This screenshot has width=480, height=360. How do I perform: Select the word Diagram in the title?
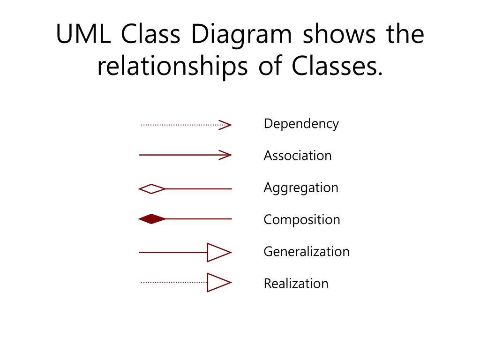[241, 36]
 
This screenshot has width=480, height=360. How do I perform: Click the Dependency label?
[301, 124]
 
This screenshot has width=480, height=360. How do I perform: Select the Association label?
[298, 155]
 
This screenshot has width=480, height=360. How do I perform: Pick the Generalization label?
[307, 251]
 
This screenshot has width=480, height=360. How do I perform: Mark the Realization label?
[296, 283]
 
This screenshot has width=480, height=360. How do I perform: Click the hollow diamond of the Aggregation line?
[152, 189]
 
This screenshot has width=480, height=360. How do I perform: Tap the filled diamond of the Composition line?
[152, 219]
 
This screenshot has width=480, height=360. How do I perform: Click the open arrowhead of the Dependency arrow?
[225, 125]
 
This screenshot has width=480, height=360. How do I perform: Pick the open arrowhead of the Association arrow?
[225, 155]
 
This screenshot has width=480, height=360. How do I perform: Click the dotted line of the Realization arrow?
[174, 282]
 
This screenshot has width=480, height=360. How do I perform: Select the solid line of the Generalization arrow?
[173, 253]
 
